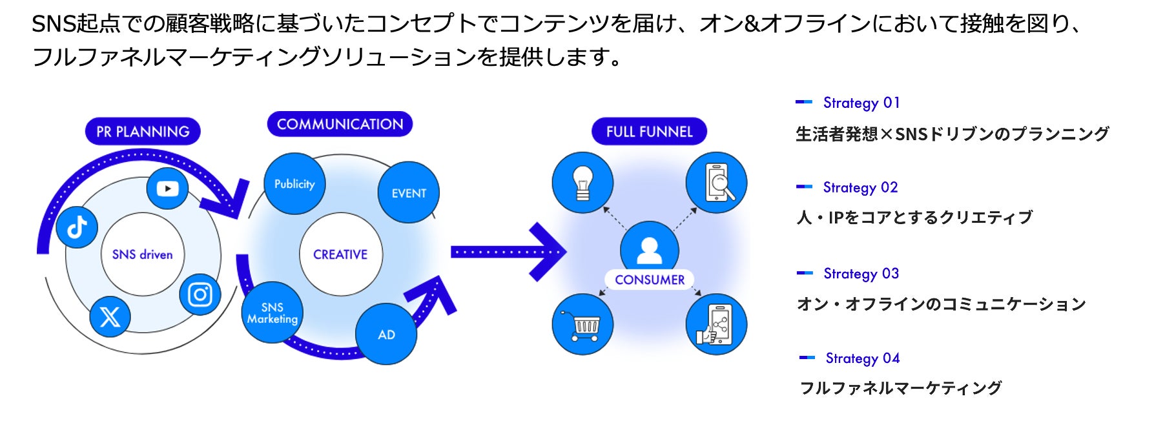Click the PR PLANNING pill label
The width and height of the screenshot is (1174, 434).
143,131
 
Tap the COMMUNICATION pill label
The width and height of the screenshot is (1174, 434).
340,124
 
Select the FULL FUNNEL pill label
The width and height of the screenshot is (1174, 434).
649,131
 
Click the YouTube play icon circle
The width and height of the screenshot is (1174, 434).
167,189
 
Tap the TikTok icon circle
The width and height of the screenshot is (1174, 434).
77,227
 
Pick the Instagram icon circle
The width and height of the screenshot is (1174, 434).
200,294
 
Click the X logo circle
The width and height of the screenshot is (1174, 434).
110,316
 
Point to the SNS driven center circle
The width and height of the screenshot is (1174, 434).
143,254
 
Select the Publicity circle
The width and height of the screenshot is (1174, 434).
294,184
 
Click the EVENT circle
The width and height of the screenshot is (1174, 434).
409,192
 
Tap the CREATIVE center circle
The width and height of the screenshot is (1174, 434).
340,254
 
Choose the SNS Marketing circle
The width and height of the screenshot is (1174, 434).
273,313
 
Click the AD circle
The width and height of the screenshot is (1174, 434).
386,335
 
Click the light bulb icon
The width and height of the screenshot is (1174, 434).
582,183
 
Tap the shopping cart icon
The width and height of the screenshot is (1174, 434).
582,324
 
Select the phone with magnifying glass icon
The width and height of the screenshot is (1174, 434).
716,183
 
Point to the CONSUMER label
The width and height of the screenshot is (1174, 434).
650,280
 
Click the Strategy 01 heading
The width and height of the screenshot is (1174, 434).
861,103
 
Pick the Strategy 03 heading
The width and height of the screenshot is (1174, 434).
861,274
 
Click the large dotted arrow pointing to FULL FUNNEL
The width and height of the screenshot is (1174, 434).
508,252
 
